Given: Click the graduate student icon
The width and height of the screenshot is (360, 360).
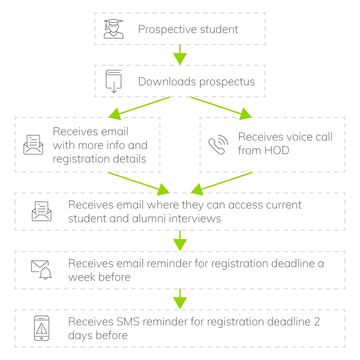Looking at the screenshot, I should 113,29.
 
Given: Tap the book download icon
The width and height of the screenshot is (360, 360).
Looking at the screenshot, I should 113,81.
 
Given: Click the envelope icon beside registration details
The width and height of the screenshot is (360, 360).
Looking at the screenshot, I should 34,145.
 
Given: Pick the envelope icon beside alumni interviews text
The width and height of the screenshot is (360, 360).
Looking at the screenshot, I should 41,211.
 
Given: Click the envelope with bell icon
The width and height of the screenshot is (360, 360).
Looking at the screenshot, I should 41,270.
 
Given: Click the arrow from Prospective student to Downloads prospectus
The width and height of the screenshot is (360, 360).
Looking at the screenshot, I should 180,55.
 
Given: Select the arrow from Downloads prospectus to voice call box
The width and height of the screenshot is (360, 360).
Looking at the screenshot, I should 221,108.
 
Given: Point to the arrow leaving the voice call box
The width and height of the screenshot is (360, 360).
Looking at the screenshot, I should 221,181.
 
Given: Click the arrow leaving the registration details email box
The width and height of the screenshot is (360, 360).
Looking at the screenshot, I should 139,181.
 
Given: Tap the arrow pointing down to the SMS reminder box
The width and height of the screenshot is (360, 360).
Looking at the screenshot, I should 180,299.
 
